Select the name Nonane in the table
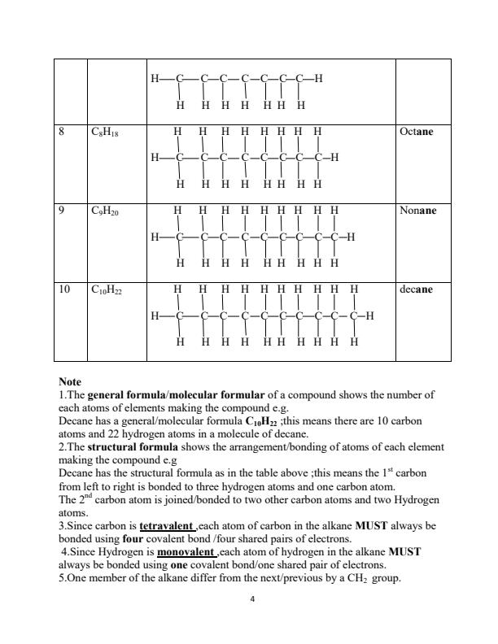tap(418, 210)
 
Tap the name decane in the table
tap(416, 289)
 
